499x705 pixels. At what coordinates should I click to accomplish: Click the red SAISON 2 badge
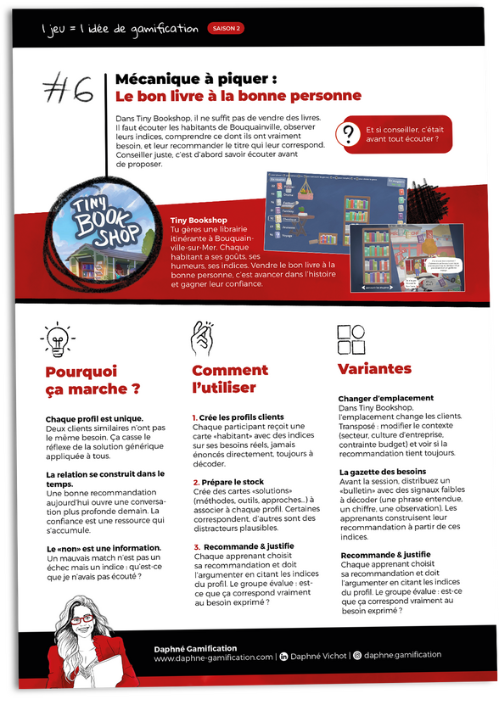point(225,29)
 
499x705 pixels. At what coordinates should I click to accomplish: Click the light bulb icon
point(58,340)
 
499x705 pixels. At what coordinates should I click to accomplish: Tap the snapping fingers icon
point(200,339)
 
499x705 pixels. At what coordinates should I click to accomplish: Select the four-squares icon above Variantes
point(351,339)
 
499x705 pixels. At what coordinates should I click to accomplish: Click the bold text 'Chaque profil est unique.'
point(94,418)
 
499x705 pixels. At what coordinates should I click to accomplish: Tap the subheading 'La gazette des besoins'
point(382,472)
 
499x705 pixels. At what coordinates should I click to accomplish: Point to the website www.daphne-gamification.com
point(213,656)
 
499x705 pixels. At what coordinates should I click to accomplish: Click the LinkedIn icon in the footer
point(284,656)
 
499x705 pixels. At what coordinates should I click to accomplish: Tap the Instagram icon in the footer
point(357,656)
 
